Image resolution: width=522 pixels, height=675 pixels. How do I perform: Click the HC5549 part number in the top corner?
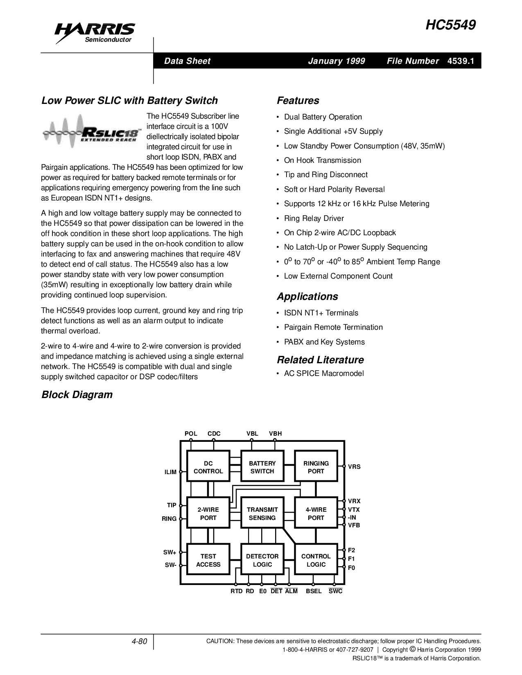click(450, 25)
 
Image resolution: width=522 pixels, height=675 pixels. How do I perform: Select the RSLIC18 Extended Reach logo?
click(93, 132)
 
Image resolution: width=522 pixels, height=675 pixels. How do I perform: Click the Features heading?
click(298, 101)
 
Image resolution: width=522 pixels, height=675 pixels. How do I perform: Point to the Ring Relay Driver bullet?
click(314, 218)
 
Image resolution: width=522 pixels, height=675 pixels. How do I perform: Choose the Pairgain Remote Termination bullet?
click(333, 327)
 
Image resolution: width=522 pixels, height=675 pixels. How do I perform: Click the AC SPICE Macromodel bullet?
click(323, 373)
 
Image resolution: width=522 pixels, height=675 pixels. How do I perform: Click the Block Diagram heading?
click(77, 395)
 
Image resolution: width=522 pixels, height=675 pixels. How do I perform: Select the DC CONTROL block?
click(208, 467)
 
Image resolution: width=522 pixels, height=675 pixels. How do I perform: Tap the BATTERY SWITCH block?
click(262, 467)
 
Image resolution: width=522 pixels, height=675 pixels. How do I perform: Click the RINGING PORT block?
click(316, 467)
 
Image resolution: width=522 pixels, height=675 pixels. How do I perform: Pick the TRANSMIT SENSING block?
click(262, 514)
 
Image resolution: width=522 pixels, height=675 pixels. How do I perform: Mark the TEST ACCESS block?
click(208, 560)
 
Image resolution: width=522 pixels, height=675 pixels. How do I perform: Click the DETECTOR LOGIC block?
click(262, 560)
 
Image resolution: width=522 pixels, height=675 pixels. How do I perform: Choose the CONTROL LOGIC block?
click(316, 560)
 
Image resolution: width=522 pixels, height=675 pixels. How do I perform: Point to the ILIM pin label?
click(170, 472)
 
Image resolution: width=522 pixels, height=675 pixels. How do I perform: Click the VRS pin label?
click(354, 467)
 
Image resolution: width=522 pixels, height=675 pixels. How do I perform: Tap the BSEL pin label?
click(314, 591)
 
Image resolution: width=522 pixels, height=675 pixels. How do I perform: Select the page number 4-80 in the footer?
click(139, 641)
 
